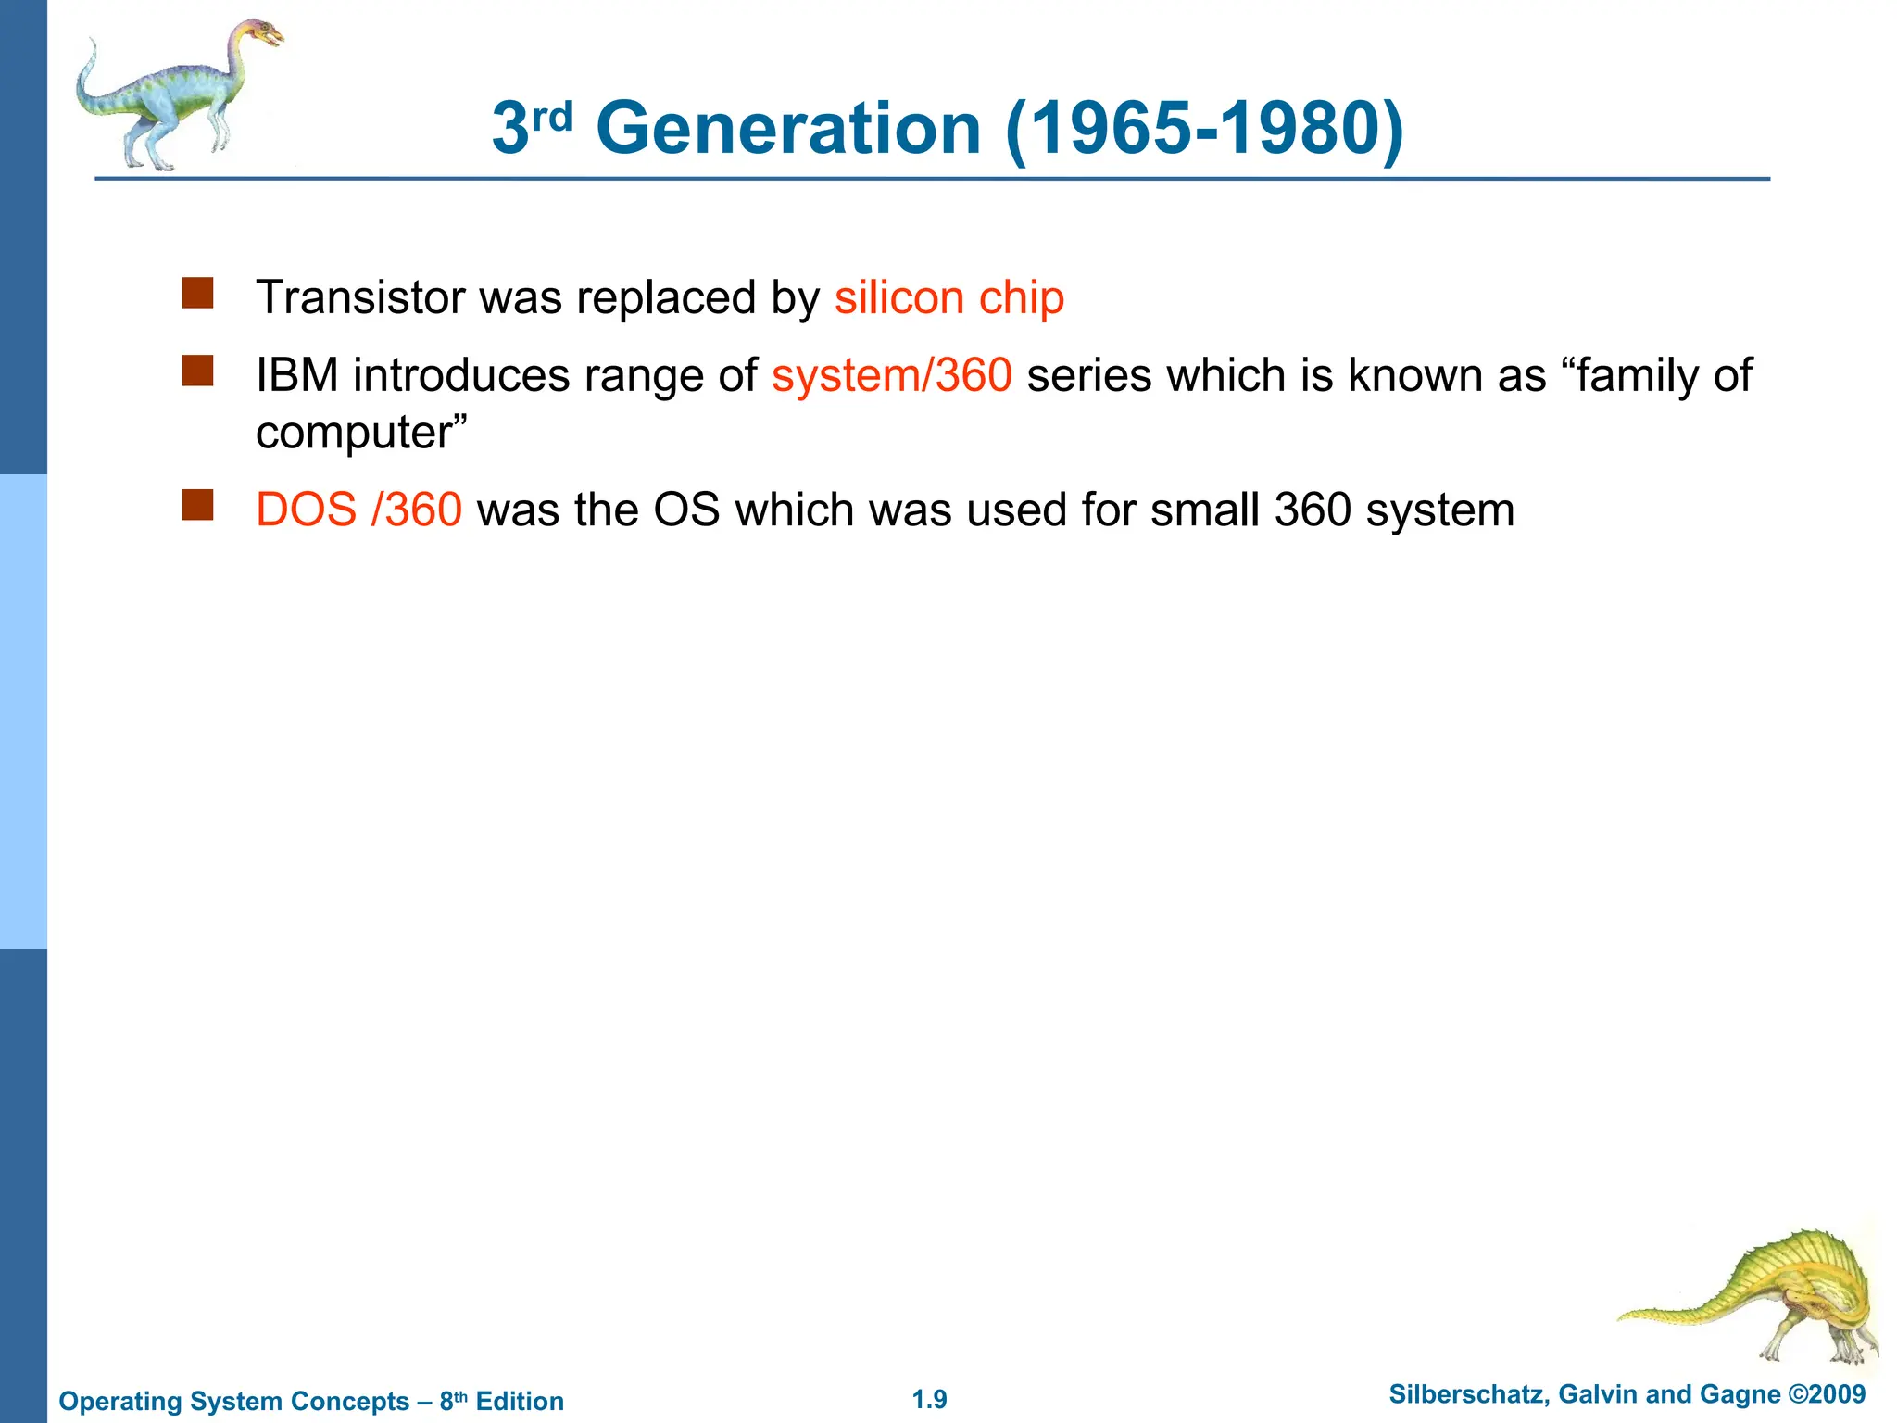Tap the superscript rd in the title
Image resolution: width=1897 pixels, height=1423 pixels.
click(553, 117)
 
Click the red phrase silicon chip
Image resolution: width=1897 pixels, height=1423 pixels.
click(949, 297)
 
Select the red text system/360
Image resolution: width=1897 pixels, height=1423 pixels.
click(891, 375)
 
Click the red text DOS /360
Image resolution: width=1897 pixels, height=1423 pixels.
click(358, 510)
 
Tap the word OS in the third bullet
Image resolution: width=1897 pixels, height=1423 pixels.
click(686, 510)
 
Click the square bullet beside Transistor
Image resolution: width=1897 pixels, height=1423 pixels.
click(197, 293)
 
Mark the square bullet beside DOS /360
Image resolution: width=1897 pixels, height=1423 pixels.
click(197, 505)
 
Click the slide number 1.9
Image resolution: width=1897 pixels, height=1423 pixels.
click(929, 1399)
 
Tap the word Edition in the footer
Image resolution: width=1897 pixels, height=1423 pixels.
click(520, 1401)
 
